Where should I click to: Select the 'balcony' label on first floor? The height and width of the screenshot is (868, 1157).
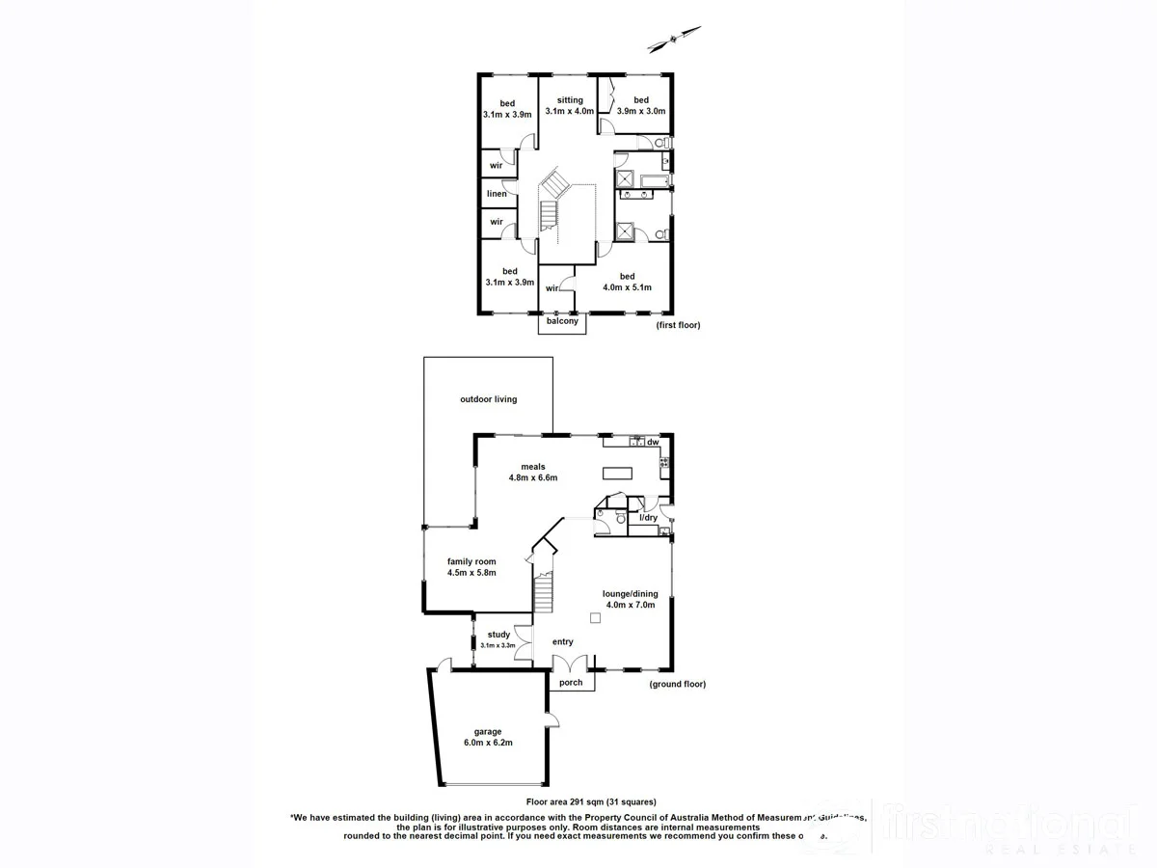pyautogui.click(x=562, y=321)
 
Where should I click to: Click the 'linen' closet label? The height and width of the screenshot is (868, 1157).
pyautogui.click(x=497, y=194)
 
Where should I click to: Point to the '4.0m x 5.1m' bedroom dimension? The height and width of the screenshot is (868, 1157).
pyautogui.click(x=628, y=287)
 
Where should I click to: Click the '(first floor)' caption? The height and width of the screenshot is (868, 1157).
pyautogui.click(x=678, y=325)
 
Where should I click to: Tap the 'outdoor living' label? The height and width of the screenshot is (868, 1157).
pyautogui.click(x=488, y=399)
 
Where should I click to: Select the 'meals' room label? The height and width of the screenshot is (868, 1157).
pyautogui.click(x=533, y=467)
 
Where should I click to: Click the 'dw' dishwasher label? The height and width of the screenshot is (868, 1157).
pyautogui.click(x=653, y=442)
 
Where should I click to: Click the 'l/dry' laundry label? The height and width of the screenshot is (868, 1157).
pyautogui.click(x=649, y=518)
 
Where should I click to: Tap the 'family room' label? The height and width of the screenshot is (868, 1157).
pyautogui.click(x=471, y=561)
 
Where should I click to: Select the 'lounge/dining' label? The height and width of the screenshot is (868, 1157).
pyautogui.click(x=630, y=594)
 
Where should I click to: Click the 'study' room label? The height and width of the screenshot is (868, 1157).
pyautogui.click(x=499, y=635)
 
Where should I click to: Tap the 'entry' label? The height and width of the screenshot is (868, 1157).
pyautogui.click(x=562, y=642)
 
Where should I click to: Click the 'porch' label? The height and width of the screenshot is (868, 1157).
pyautogui.click(x=571, y=683)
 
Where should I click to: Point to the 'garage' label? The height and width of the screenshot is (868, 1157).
pyautogui.click(x=487, y=731)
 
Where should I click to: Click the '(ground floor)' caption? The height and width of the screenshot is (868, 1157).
pyautogui.click(x=678, y=684)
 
